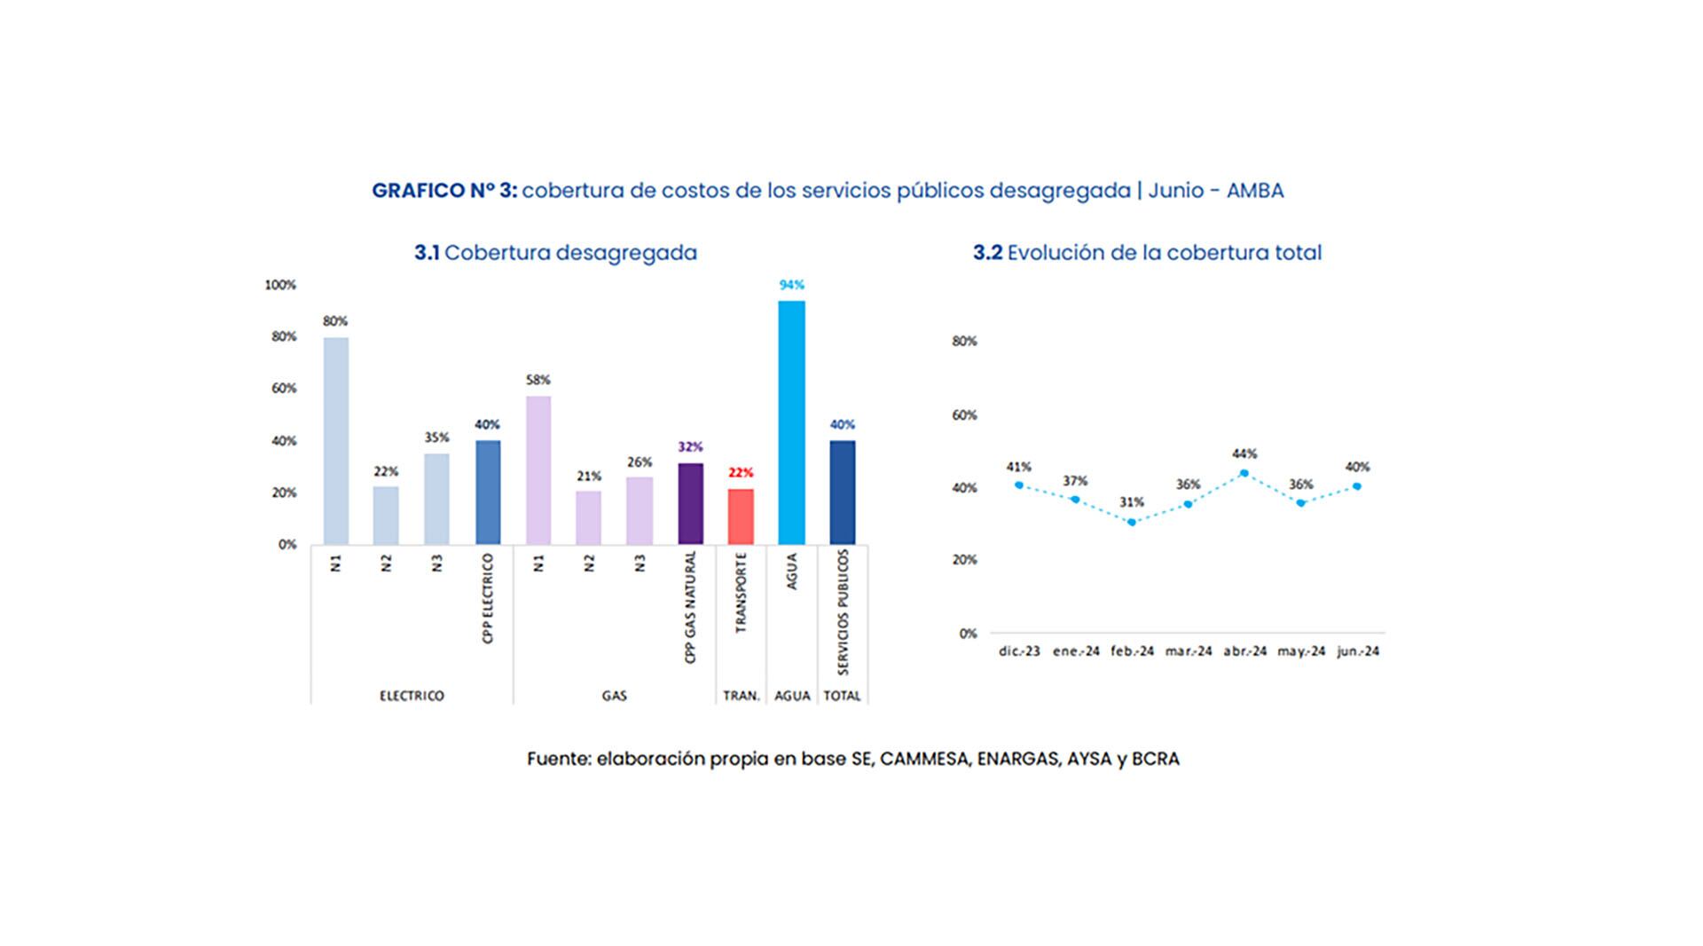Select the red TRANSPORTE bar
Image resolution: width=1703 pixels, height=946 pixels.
tap(741, 516)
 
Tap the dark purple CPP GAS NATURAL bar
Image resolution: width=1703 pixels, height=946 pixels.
tap(690, 503)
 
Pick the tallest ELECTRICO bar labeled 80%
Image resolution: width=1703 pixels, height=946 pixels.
tap(335, 440)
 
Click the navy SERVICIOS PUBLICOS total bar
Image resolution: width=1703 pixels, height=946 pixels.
tap(842, 493)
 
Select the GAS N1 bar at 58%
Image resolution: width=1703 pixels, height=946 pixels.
tap(538, 470)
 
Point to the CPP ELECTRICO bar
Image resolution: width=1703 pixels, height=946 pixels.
tap(487, 493)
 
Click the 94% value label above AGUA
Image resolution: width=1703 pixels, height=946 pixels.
tap(791, 285)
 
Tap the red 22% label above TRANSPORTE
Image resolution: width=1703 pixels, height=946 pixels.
tap(741, 473)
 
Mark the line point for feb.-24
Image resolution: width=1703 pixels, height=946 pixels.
tap(1132, 522)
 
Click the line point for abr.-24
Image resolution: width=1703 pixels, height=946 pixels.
tap(1244, 473)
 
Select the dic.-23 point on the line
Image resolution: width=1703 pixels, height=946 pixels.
tap(1019, 485)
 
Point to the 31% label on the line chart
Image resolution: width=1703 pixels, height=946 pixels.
tap(1132, 502)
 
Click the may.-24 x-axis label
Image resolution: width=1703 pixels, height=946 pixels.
tap(1301, 651)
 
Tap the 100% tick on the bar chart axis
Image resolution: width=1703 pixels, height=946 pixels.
tap(280, 285)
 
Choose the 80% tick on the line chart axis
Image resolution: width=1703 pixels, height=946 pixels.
tap(964, 341)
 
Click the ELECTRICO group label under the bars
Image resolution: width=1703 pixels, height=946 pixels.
tap(412, 696)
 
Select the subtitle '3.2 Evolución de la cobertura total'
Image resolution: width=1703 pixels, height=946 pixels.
tap(1147, 253)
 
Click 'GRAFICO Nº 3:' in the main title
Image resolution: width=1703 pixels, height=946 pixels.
tap(443, 191)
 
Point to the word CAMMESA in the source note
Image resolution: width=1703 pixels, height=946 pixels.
tap(925, 759)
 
